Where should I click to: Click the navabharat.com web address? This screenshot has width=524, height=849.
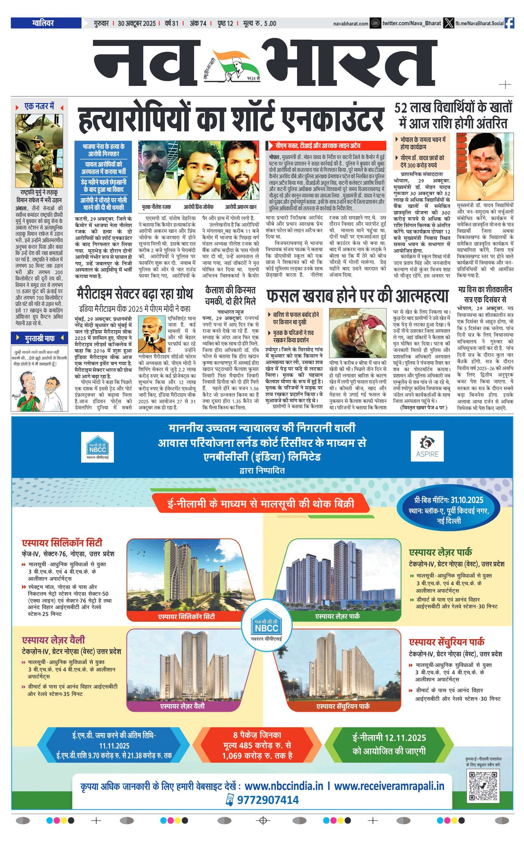pos(350,24)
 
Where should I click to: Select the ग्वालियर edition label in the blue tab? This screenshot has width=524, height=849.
pos(43,23)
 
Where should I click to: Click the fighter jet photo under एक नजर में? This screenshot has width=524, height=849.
pos(39,150)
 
